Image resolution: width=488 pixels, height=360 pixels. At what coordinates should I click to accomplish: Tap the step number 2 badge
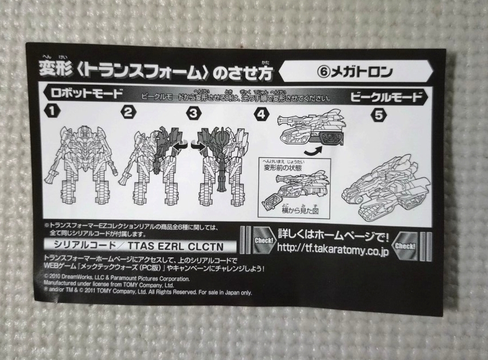pyautogui.click(x=128, y=113)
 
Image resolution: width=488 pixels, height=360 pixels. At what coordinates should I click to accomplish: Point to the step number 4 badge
pyautogui.click(x=262, y=115)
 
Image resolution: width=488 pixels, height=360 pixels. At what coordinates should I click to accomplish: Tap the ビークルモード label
pyautogui.click(x=386, y=98)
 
